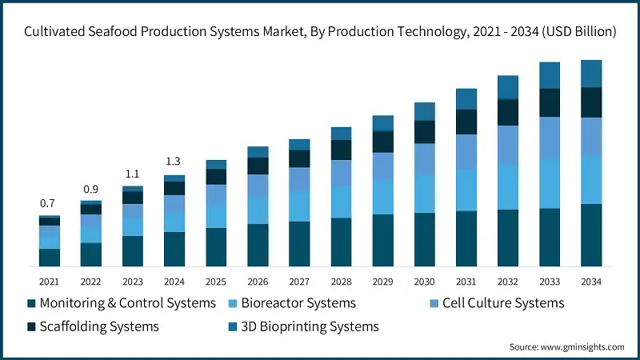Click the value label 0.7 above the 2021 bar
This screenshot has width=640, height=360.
tap(49, 203)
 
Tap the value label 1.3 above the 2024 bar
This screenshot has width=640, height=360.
tap(174, 162)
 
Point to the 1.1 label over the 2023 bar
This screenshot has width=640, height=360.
tap(132, 174)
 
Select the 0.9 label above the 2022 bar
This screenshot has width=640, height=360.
tap(90, 189)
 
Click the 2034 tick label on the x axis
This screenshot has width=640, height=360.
tap(591, 282)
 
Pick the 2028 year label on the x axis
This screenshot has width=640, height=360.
tap(341, 282)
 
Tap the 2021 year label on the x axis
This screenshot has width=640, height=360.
tap(49, 282)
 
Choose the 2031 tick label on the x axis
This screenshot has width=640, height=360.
tap(466, 282)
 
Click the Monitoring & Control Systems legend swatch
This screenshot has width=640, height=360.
tap(31, 304)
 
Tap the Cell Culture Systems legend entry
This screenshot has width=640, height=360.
tap(503, 303)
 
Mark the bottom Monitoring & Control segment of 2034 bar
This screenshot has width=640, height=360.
tap(591, 235)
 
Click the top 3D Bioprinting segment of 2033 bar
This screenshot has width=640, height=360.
tap(550, 75)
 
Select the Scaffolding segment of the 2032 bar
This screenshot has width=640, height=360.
tap(508, 112)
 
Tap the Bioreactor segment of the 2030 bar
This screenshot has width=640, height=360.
tap(425, 194)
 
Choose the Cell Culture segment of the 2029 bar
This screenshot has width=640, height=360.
tap(383, 166)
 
